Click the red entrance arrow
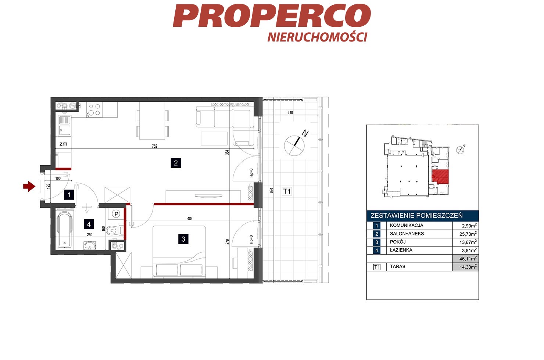coord(29,187)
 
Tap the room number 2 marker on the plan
coord(176,163)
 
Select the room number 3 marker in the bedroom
coord(183,239)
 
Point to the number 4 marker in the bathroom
coord(89,224)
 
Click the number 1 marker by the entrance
coord(69,195)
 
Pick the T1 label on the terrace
coord(287,191)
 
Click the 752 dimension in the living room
coord(154,146)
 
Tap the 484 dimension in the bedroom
coord(190,219)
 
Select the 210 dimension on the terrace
coord(290,113)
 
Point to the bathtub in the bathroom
coord(64,230)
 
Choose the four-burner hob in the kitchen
coord(94,109)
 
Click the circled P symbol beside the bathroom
coord(116,214)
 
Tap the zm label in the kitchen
coord(63,144)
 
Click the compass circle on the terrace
coord(294,145)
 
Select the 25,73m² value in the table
coord(468,234)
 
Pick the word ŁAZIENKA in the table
coord(401,250)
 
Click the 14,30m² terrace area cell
coord(466,267)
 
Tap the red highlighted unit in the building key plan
coord(440,176)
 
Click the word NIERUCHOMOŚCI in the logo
coord(317,37)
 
